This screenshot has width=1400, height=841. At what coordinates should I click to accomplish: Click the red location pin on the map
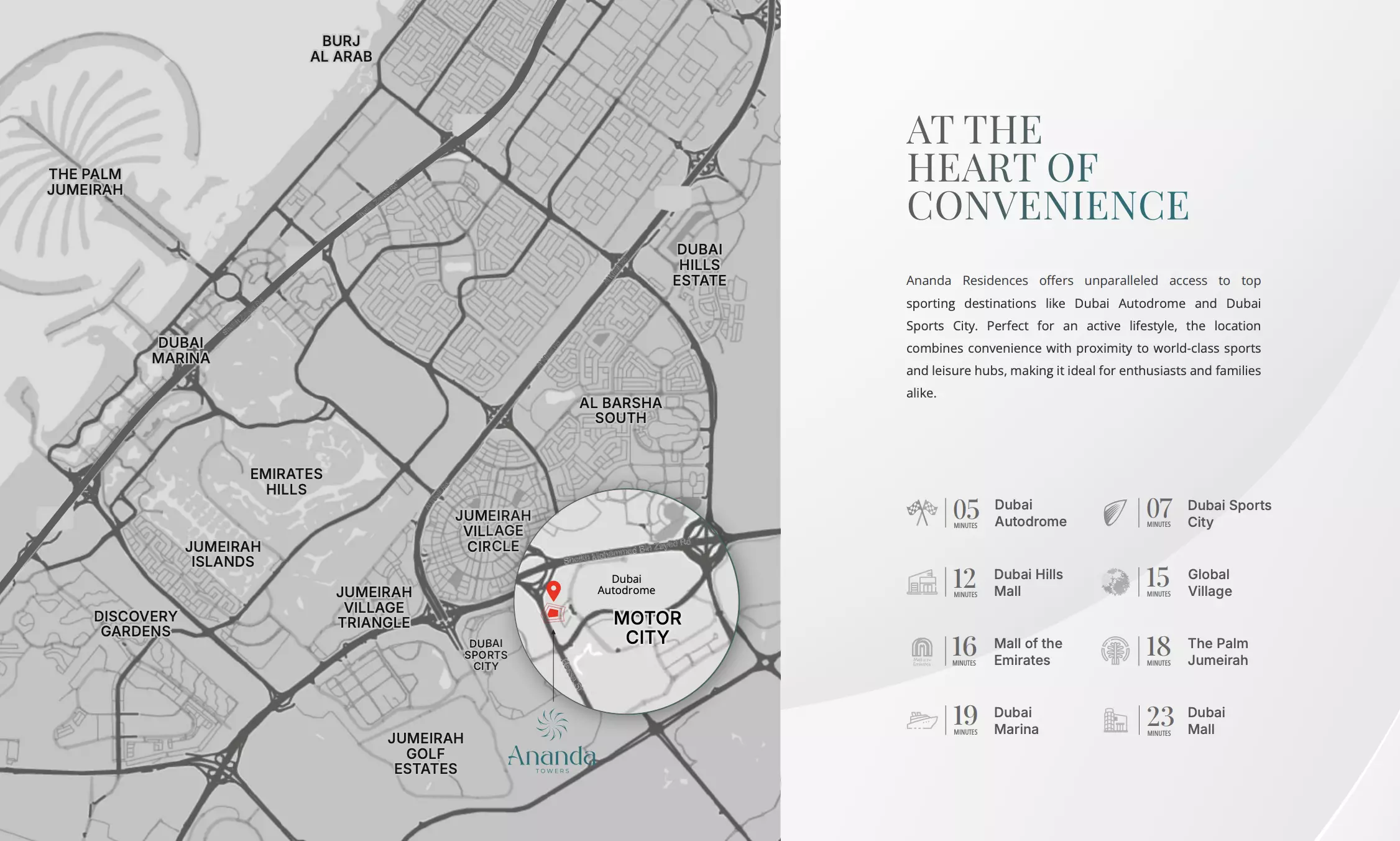[553, 590]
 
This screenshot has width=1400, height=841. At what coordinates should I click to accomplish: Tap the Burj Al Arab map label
[341, 49]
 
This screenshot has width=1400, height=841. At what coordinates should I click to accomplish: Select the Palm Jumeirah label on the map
[85, 182]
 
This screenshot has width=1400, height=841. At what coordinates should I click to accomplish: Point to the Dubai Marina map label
[181, 350]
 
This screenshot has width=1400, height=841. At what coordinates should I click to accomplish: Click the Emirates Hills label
[286, 481]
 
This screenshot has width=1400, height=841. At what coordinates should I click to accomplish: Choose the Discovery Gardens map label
[136, 623]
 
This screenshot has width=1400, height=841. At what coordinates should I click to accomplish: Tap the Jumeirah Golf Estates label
[426, 753]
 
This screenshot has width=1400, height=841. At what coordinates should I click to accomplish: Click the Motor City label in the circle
[647, 627]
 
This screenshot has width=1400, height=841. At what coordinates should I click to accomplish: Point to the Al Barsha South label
[620, 411]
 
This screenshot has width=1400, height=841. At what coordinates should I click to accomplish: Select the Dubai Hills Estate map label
[699, 265]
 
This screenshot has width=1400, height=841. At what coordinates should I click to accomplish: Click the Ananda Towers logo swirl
[552, 725]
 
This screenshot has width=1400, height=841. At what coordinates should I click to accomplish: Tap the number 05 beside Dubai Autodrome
[965, 509]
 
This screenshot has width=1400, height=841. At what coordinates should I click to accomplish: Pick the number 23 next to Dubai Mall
[1159, 717]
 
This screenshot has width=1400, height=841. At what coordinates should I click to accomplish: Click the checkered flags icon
[922, 513]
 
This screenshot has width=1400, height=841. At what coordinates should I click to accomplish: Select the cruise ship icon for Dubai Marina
[922, 720]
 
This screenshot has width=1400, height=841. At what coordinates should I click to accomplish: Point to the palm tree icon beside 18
[1115, 651]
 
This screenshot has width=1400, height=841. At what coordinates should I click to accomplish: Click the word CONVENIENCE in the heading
[1048, 206]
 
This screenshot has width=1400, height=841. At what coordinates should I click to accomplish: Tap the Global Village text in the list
[1209, 583]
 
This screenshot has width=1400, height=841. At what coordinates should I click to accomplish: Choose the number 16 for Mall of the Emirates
[964, 647]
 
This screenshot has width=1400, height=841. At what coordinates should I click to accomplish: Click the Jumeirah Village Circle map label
[493, 531]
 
